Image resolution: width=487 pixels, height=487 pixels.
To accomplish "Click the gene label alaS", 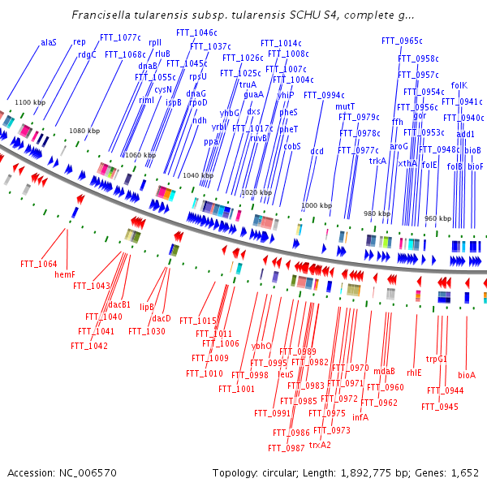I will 49,41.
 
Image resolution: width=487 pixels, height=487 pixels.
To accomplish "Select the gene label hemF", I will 64,274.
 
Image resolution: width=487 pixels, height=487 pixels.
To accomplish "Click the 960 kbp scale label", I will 438,219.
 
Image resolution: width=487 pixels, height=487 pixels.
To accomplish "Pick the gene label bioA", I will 467,375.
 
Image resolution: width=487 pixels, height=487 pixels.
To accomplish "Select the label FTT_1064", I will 39,264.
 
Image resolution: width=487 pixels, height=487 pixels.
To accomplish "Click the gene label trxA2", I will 320,445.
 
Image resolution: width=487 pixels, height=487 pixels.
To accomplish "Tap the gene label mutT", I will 345,106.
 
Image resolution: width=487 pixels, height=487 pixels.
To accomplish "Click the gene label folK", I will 459,85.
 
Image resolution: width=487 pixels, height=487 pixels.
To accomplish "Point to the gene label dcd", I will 317,151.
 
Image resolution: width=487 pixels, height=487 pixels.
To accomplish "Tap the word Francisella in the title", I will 101,15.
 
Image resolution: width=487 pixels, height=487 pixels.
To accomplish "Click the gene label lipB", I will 147,307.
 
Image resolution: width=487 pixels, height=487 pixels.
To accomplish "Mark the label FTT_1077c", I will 119,37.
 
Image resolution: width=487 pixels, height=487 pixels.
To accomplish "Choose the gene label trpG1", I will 437,358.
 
